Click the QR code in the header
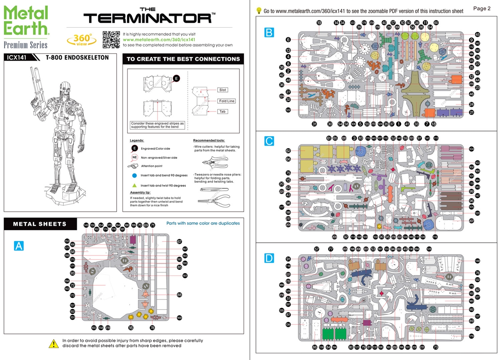pos(111,39)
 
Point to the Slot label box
pos(222,90)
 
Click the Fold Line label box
pos(226,101)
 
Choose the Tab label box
pos(222,112)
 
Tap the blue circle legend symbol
pos(134,175)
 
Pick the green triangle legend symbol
pos(134,185)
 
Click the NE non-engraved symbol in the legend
pos(134,157)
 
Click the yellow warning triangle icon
pos(54,343)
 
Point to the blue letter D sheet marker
pos(269,258)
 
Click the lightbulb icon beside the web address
pos(258,11)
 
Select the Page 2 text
pos(481,9)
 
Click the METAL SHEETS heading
pos(40,224)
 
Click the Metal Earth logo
pos(26,25)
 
